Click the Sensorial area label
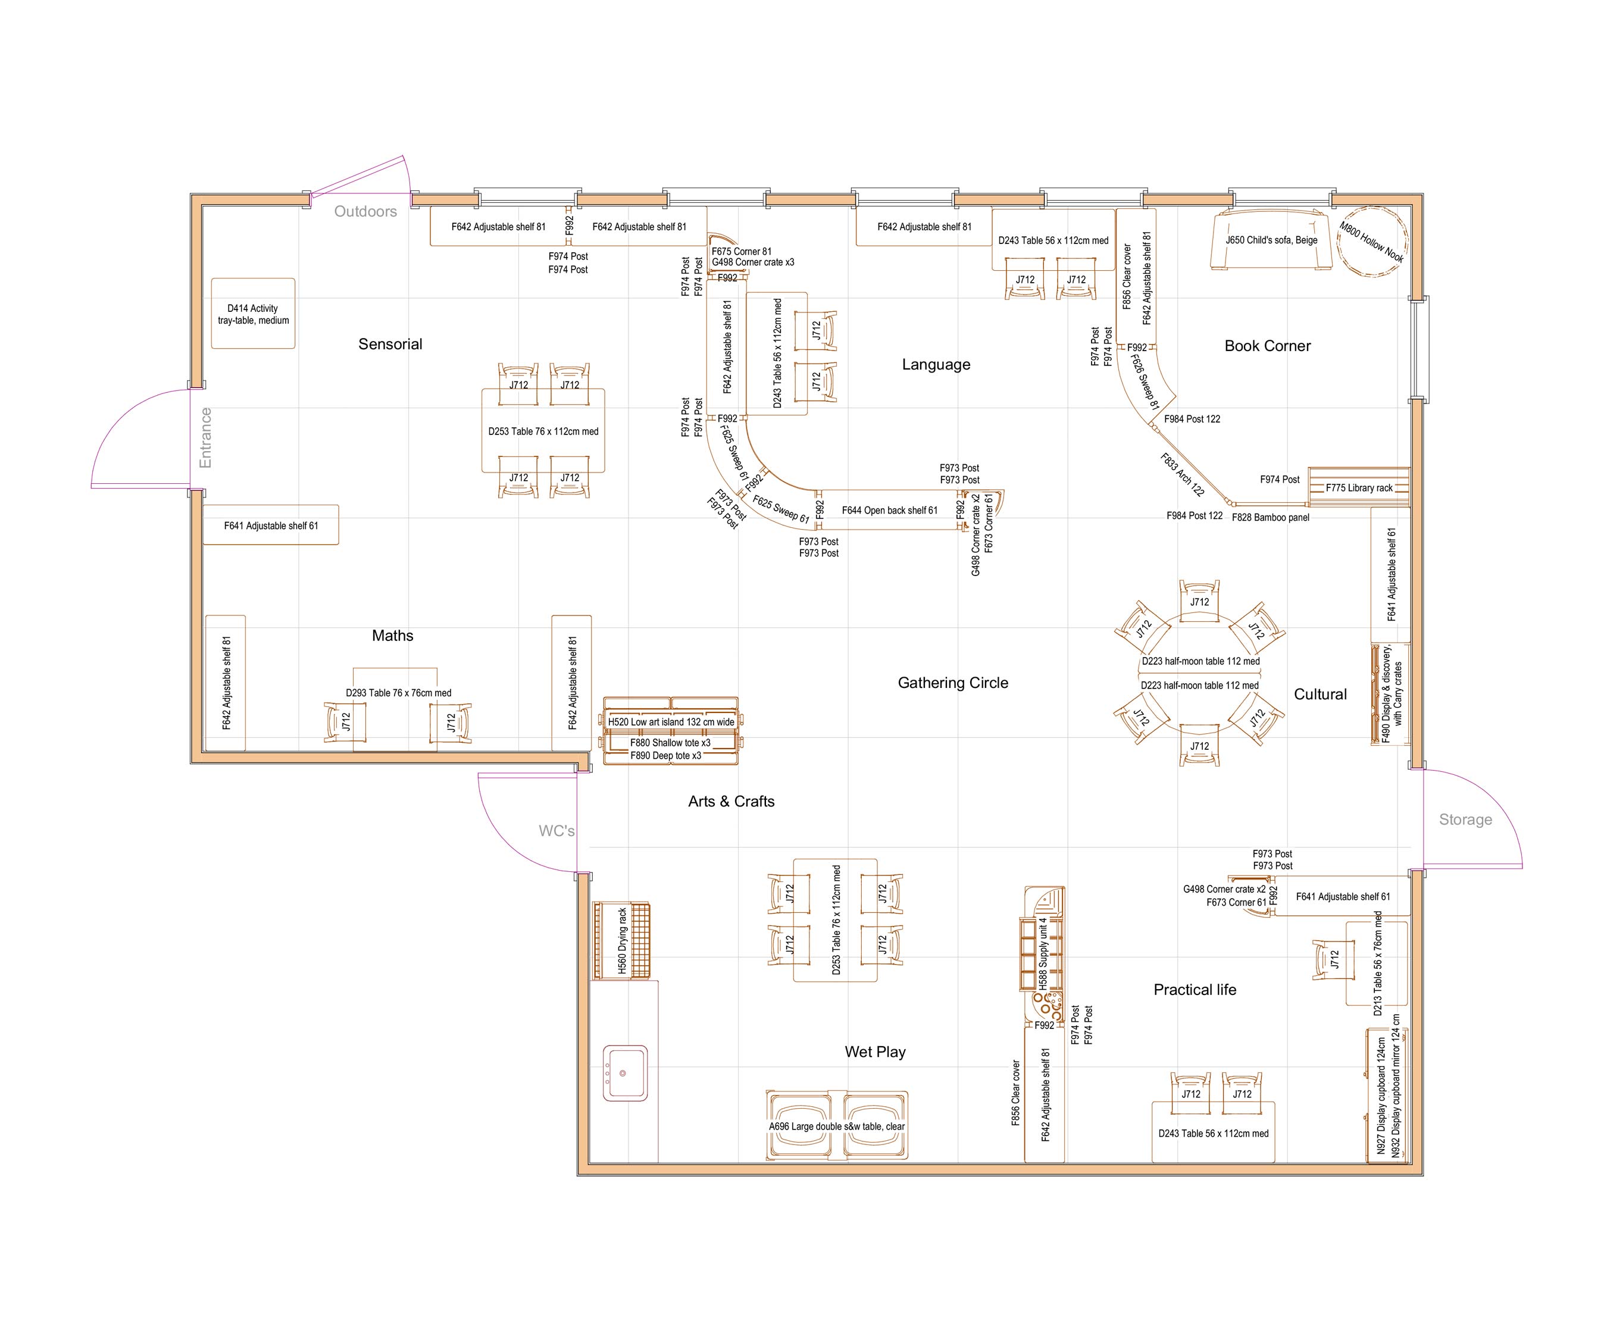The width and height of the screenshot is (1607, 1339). pyautogui.click(x=390, y=345)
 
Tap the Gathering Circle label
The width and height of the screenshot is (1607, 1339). pyautogui.click(x=953, y=683)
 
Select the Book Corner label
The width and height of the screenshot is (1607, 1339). pyautogui.click(x=1267, y=346)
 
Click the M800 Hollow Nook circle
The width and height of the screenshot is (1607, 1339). pyautogui.click(x=1372, y=241)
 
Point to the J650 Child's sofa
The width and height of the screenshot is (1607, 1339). pyautogui.click(x=1271, y=240)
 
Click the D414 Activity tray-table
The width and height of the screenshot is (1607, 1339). pyautogui.click(x=254, y=314)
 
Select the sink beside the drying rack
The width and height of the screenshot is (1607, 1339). pyautogui.click(x=624, y=1073)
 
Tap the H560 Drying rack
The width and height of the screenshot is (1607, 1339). pyautogui.click(x=622, y=940)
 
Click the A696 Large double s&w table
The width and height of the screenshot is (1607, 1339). pyautogui.click(x=836, y=1127)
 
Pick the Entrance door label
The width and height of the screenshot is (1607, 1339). pyautogui.click(x=205, y=437)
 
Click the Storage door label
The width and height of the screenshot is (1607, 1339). pyautogui.click(x=1465, y=819)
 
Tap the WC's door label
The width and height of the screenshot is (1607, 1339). pyautogui.click(x=556, y=831)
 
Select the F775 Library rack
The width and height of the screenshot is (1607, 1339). pyautogui.click(x=1359, y=487)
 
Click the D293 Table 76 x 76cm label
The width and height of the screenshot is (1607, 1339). pyautogui.click(x=398, y=693)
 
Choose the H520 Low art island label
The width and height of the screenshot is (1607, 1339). pyautogui.click(x=671, y=721)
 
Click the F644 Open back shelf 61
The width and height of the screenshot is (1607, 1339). pyautogui.click(x=889, y=511)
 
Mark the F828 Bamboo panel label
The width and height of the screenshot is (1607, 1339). pyautogui.click(x=1270, y=517)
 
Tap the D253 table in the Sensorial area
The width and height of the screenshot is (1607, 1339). pyautogui.click(x=543, y=431)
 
